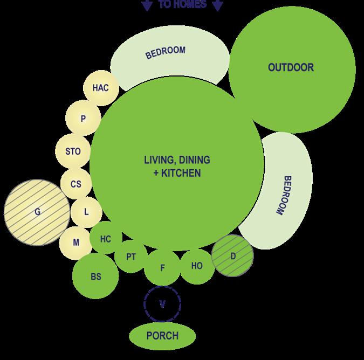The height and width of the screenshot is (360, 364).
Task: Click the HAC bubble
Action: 100,88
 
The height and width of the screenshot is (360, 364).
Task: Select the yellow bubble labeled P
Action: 83,119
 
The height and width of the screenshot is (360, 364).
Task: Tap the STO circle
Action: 73,151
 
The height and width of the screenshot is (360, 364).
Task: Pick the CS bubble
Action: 76,184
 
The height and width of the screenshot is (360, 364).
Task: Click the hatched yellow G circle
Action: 37,212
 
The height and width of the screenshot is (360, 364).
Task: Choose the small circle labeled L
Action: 86,212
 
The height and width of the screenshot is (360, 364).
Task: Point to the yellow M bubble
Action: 75,242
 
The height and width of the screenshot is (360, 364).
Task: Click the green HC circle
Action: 106,239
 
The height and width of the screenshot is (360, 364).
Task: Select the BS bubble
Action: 96,276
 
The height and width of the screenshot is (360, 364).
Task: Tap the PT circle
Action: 131,257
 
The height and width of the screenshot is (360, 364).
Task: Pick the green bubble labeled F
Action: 162,267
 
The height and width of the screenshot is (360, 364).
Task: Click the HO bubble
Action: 197,265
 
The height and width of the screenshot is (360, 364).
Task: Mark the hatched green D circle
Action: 233,256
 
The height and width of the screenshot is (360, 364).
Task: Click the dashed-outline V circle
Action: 162,304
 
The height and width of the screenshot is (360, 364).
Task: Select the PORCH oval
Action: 162,336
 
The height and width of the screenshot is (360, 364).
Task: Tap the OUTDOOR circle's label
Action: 291,67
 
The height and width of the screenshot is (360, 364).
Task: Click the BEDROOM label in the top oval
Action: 166,52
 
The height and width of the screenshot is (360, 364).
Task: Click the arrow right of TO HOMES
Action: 217,6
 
